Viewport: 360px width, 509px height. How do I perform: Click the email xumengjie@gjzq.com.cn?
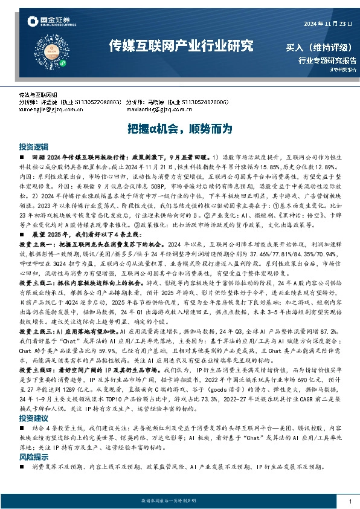[x=51, y=109]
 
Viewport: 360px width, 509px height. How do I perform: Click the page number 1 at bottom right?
[x=350, y=502]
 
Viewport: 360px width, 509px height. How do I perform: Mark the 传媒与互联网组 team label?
[x=38, y=96]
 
